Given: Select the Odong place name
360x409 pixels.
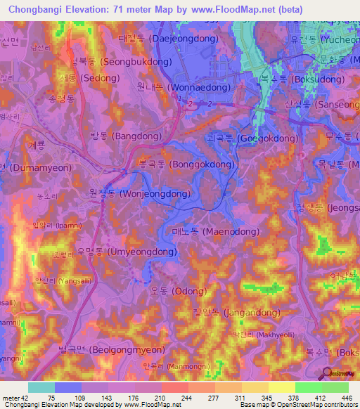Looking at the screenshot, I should [x=178, y=291].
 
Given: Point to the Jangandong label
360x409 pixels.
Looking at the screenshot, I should [x=236, y=313].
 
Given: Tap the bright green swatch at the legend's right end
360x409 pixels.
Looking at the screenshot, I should [x=335, y=387].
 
